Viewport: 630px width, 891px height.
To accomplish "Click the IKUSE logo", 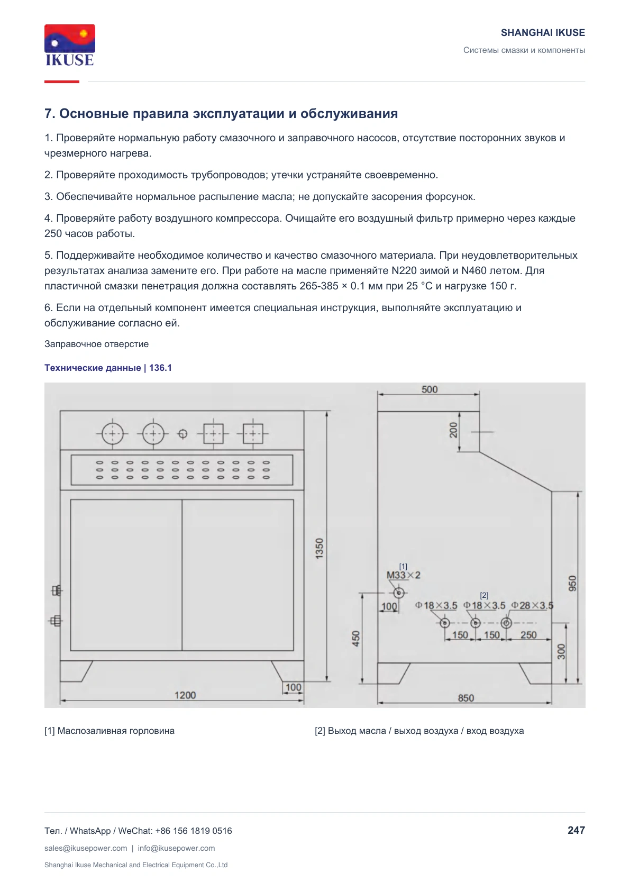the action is [x=70, y=45].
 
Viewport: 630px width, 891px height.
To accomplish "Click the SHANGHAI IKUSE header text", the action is [x=543, y=33].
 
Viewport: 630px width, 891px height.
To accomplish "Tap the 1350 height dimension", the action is [x=319, y=549].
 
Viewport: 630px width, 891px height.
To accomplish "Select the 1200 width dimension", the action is [x=185, y=695].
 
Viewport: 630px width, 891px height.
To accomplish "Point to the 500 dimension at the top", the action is [x=430, y=389].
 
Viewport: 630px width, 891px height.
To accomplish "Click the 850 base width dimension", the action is [x=465, y=698].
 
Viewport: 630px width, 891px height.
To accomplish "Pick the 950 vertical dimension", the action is [x=572, y=583].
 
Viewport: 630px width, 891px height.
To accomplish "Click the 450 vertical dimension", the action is [x=356, y=639].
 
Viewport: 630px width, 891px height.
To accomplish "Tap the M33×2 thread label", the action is [x=403, y=575].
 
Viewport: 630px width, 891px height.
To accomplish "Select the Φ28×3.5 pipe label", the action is [x=532, y=605].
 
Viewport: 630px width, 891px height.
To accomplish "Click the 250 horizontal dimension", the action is [x=528, y=635].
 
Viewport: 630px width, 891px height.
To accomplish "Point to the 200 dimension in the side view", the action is [x=453, y=430].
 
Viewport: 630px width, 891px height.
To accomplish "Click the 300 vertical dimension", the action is [x=561, y=652].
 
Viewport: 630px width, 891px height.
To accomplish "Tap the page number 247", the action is [x=576, y=830].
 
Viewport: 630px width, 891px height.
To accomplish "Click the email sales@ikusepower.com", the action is [x=86, y=848].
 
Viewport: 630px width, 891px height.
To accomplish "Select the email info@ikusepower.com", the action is [x=176, y=848].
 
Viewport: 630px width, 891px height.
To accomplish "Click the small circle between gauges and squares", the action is [x=182, y=433].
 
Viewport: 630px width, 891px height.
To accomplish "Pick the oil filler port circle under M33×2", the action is [x=399, y=593].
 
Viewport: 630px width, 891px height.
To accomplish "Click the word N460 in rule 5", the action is [x=474, y=270].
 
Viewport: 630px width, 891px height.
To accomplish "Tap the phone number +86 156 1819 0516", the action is [x=193, y=831].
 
